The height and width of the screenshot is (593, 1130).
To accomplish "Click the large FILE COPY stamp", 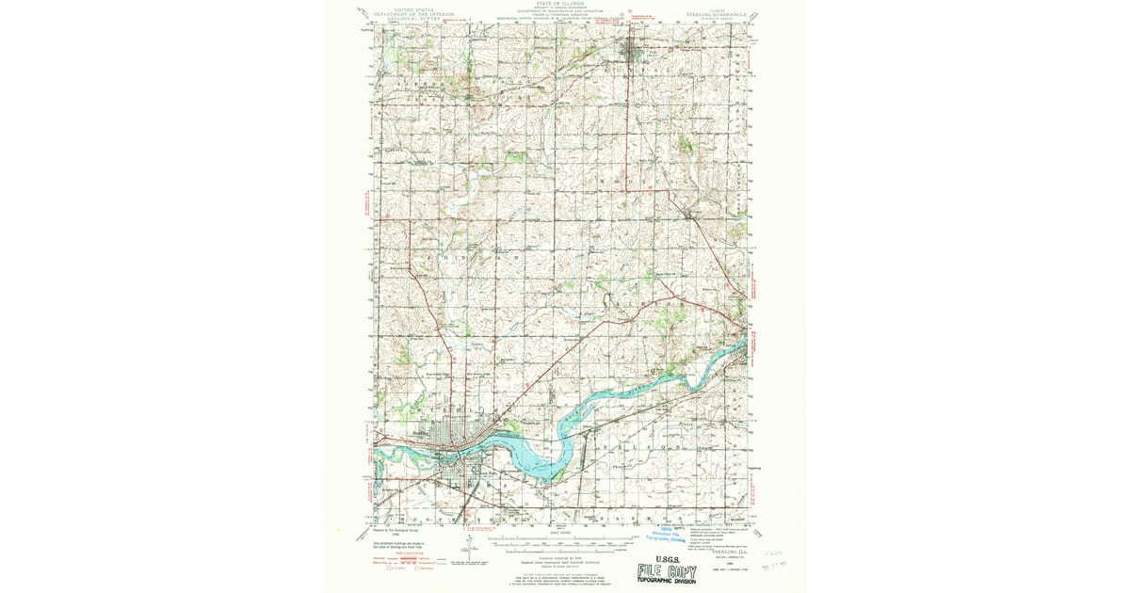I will tap(666, 570).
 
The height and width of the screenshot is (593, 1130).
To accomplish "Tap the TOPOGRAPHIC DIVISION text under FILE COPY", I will tap(666, 583).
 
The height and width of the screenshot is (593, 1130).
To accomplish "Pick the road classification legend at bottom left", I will tap(405, 561).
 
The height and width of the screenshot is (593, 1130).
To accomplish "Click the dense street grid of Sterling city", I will tap(453, 438).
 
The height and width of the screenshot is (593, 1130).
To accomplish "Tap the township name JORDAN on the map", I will tap(471, 256).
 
